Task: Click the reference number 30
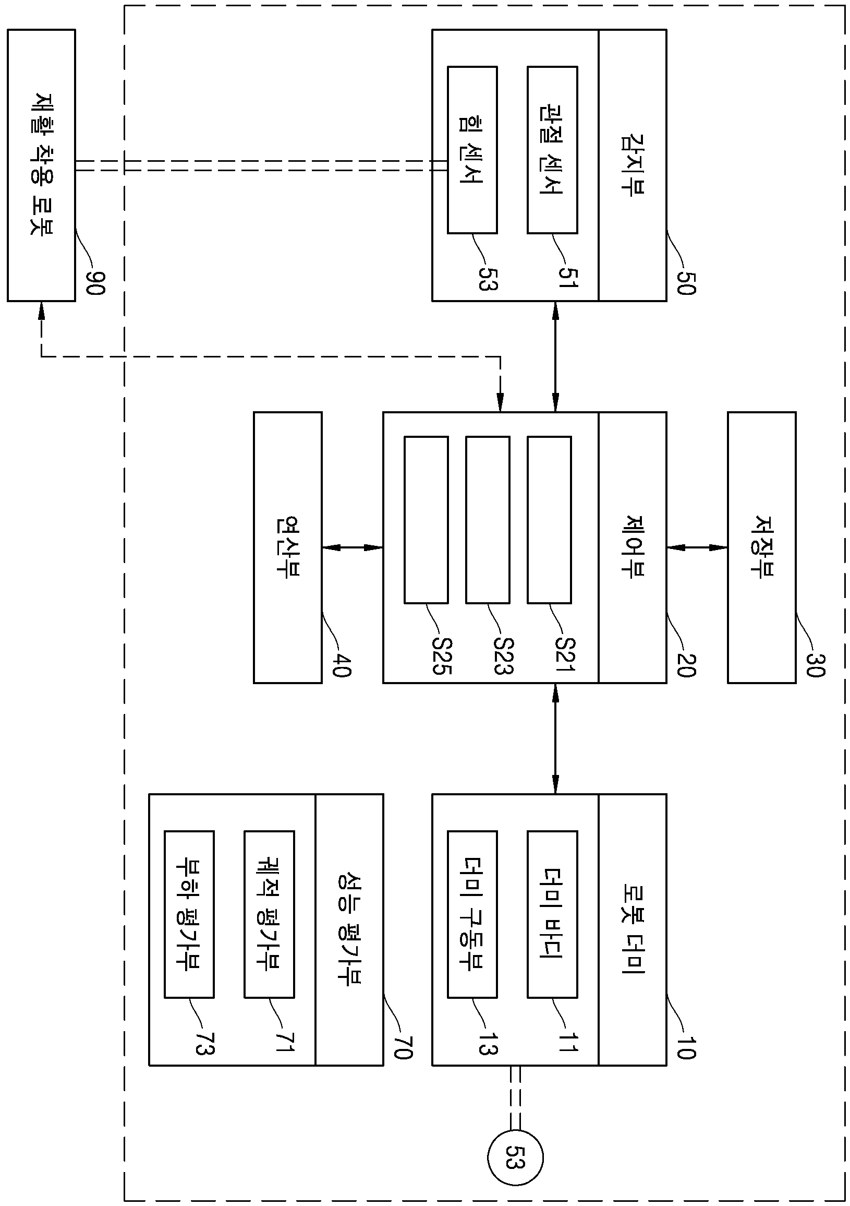816,664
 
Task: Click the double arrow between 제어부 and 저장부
697,547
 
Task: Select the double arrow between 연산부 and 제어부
353,547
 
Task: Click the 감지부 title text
633,165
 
